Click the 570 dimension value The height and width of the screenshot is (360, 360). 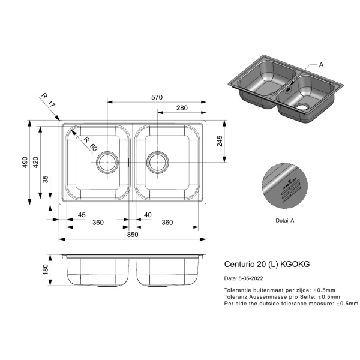click(157, 97)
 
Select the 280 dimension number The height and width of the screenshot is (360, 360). click(182, 108)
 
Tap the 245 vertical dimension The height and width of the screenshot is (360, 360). click(220, 141)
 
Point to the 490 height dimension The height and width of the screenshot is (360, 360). click(25, 162)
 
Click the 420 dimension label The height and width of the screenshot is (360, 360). click(35, 162)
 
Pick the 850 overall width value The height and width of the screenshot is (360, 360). click(133, 235)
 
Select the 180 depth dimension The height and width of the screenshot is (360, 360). click(46, 269)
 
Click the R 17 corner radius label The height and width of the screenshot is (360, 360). click(48, 100)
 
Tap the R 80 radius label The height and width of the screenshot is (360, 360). click(91, 144)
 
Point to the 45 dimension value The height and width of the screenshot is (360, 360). click(82, 215)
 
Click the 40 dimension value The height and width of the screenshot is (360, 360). click(148, 215)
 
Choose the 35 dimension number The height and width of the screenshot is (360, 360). click(46, 179)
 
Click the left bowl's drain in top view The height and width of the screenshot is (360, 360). click(107, 163)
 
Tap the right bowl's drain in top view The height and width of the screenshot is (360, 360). click(157, 163)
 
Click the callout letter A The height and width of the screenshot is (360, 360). click(321, 65)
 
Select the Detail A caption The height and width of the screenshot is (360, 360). click(284, 221)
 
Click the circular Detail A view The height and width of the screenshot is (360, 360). click(284, 186)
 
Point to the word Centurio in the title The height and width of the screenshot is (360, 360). click(239, 264)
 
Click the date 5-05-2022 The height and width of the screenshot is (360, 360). click(251, 278)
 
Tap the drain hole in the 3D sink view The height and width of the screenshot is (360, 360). click(302, 107)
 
